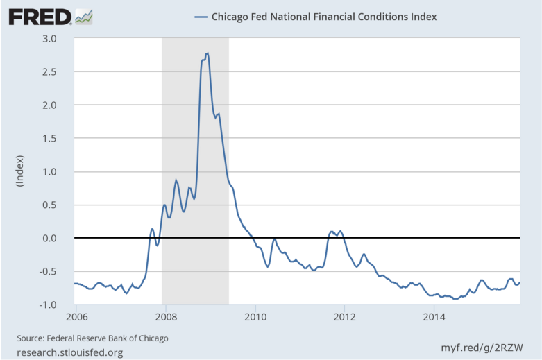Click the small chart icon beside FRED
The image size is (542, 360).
pos(84,15)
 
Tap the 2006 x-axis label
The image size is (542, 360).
pos(76,318)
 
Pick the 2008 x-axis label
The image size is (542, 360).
pos(165,318)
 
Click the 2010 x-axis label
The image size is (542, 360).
pos(255,318)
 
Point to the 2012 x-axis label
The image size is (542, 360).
pos(345,318)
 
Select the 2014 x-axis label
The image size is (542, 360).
pos(434,318)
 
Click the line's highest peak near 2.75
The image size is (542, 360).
pos(208,53)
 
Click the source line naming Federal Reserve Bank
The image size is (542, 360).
pos(93,338)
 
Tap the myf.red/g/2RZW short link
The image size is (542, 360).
pos(483,346)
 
